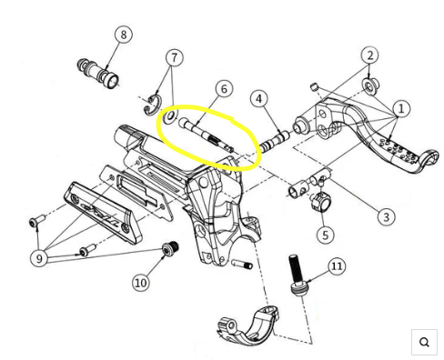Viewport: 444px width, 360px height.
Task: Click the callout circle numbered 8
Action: (124, 35)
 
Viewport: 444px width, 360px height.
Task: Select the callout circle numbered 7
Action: (174, 57)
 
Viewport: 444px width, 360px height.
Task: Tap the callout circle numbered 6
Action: (224, 89)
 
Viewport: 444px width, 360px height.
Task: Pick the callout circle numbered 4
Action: (258, 99)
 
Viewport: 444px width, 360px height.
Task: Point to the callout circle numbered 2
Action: (369, 55)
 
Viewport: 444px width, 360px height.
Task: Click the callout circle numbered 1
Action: (401, 108)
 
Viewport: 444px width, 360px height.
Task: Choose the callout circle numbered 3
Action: (386, 216)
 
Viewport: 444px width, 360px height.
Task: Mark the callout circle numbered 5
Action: (325, 235)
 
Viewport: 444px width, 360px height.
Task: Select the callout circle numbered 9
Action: (39, 258)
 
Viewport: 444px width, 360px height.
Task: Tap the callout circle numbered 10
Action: (141, 283)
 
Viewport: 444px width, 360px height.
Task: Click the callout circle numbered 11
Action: (337, 265)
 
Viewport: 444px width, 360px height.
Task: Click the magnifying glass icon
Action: (424, 342)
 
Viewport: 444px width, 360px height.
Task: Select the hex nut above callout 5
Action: (320, 202)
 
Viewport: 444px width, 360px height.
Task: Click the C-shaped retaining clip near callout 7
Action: (153, 105)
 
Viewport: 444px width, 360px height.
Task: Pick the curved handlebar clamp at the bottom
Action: (248, 326)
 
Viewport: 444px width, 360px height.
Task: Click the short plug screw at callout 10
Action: (170, 248)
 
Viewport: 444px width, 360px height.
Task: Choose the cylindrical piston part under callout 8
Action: (98, 74)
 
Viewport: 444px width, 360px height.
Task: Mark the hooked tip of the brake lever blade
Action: (432, 156)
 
